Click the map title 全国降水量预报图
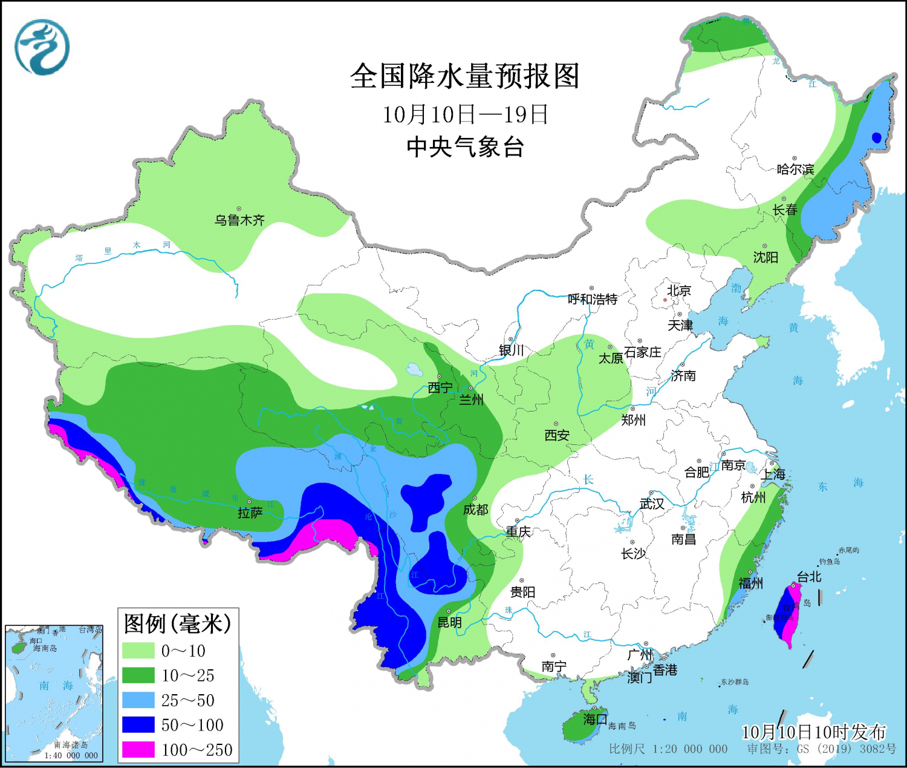pyautogui.click(x=464, y=76)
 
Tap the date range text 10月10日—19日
pyautogui.click(x=464, y=114)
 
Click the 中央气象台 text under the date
pyautogui.click(x=464, y=147)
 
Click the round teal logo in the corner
pyautogui.click(x=42, y=47)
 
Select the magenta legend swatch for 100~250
pyautogui.click(x=138, y=749)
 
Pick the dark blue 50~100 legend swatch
pyautogui.click(x=138, y=724)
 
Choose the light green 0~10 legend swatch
pyautogui.click(x=138, y=651)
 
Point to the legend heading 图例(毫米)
pyautogui.click(x=178, y=623)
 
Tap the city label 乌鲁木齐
pyautogui.click(x=239, y=220)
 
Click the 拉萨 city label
pyautogui.click(x=250, y=513)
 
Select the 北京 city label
pyautogui.click(x=678, y=291)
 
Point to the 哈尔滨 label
pyautogui.click(x=795, y=169)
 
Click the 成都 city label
pyautogui.click(x=475, y=510)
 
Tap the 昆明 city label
pyautogui.click(x=449, y=623)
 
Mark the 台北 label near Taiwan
pyautogui.click(x=809, y=577)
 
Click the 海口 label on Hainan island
pyautogui.click(x=595, y=719)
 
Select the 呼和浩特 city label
pyautogui.click(x=593, y=299)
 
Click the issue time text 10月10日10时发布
pyautogui.click(x=813, y=732)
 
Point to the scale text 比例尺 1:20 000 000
pyautogui.click(x=668, y=749)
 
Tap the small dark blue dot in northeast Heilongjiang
pyautogui.click(x=876, y=137)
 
